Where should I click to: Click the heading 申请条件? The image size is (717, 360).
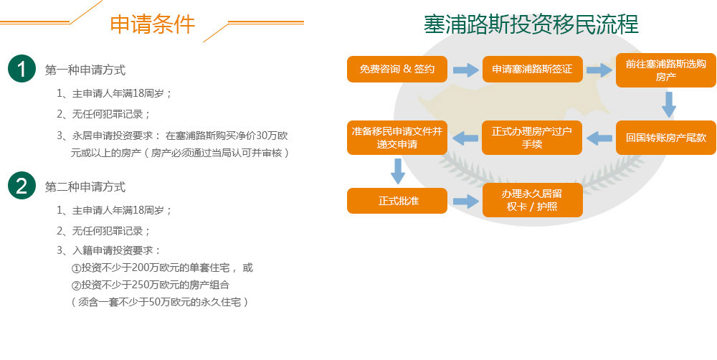click(152, 24)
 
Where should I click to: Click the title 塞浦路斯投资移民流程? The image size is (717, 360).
click(531, 24)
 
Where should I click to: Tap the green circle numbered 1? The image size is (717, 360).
click(22, 69)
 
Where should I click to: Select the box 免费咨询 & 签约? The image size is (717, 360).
click(397, 69)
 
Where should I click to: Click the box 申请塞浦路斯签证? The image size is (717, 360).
click(532, 69)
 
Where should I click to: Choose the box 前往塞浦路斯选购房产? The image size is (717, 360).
click(666, 70)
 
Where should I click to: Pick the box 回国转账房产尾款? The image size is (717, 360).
click(666, 137)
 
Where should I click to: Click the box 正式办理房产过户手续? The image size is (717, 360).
click(532, 137)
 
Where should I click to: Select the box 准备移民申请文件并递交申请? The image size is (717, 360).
click(397, 137)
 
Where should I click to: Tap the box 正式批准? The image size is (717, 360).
click(397, 200)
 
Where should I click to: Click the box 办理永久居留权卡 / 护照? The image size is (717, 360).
click(532, 200)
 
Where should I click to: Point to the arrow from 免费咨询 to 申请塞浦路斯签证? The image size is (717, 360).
click(465, 70)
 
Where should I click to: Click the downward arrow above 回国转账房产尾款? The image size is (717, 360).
click(668, 104)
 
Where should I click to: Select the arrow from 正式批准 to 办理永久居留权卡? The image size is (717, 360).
click(465, 201)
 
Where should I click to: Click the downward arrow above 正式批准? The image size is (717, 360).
click(398, 171)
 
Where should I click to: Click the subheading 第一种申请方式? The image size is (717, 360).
click(85, 70)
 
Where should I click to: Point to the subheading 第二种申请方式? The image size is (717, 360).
click(85, 186)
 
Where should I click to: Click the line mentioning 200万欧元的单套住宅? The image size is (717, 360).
click(162, 267)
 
